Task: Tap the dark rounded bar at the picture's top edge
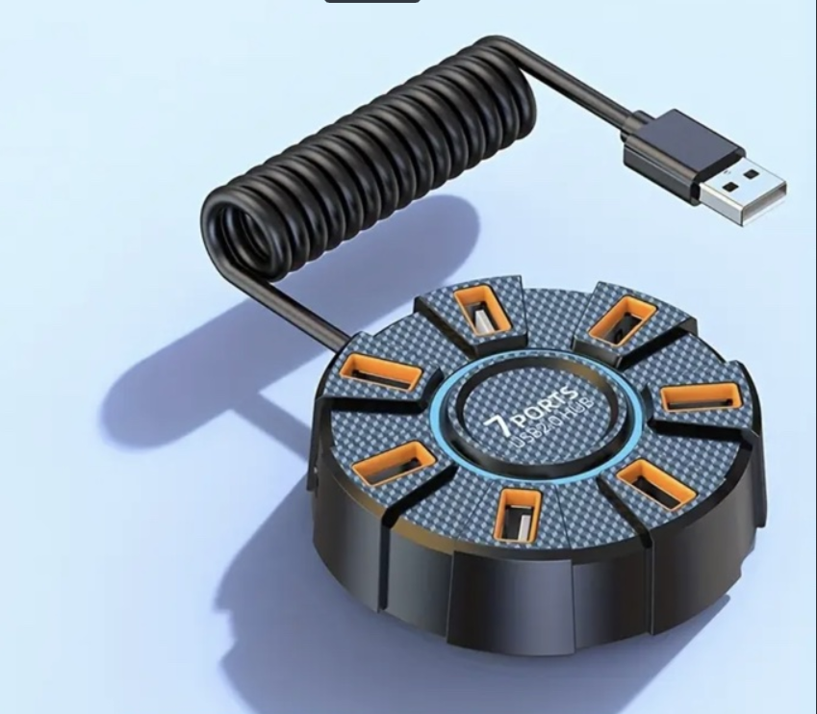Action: pos(371,2)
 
